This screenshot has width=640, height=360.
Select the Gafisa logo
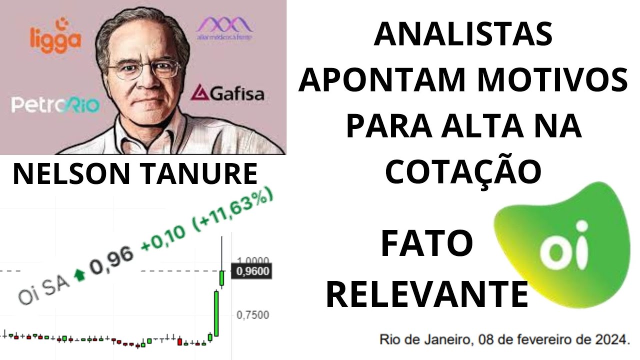[x=228, y=93]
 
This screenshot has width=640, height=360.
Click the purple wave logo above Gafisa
[x=224, y=27]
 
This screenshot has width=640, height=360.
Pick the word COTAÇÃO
[x=463, y=171]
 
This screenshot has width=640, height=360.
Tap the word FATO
[x=426, y=244]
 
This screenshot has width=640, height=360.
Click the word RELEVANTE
[x=427, y=295]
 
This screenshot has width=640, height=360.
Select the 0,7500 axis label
[x=253, y=315]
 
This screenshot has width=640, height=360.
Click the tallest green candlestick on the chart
[x=216, y=313]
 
